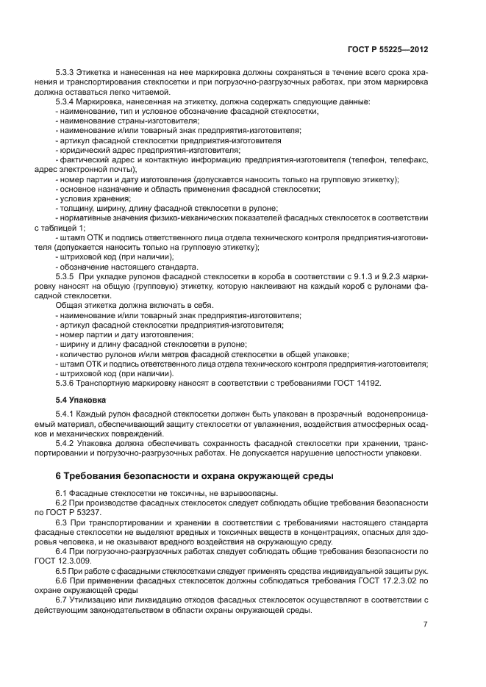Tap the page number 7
(x=426, y=625)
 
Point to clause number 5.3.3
(x=67, y=73)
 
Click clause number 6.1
(x=62, y=494)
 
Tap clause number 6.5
(x=62, y=569)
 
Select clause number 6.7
(x=62, y=599)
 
